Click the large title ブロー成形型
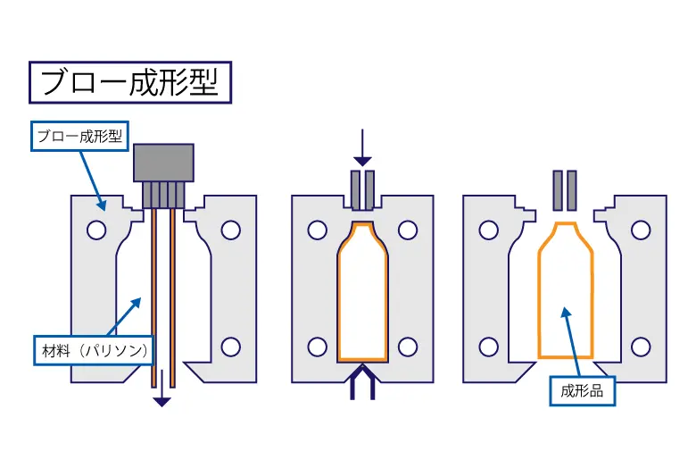(130, 82)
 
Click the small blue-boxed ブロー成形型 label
(80, 136)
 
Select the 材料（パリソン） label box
(94, 351)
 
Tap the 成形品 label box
(582, 391)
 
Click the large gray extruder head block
(164, 163)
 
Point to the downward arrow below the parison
(162, 388)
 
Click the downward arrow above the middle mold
(362, 148)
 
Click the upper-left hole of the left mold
(96, 230)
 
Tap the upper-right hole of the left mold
(231, 230)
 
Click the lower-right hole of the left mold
(231, 347)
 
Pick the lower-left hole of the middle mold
(318, 347)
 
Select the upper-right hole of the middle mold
(408, 230)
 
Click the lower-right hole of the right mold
(641, 347)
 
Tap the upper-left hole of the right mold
(489, 230)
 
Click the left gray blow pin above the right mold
(558, 190)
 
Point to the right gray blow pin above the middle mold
(369, 190)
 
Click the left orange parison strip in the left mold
(153, 297)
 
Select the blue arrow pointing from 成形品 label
(572, 342)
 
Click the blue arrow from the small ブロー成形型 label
(93, 181)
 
